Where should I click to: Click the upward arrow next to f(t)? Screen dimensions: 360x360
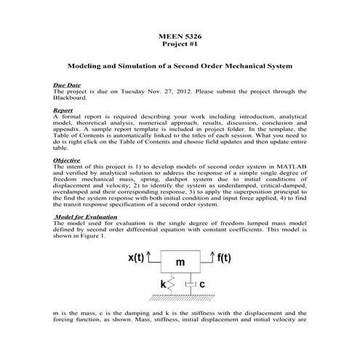tap(211, 256)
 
